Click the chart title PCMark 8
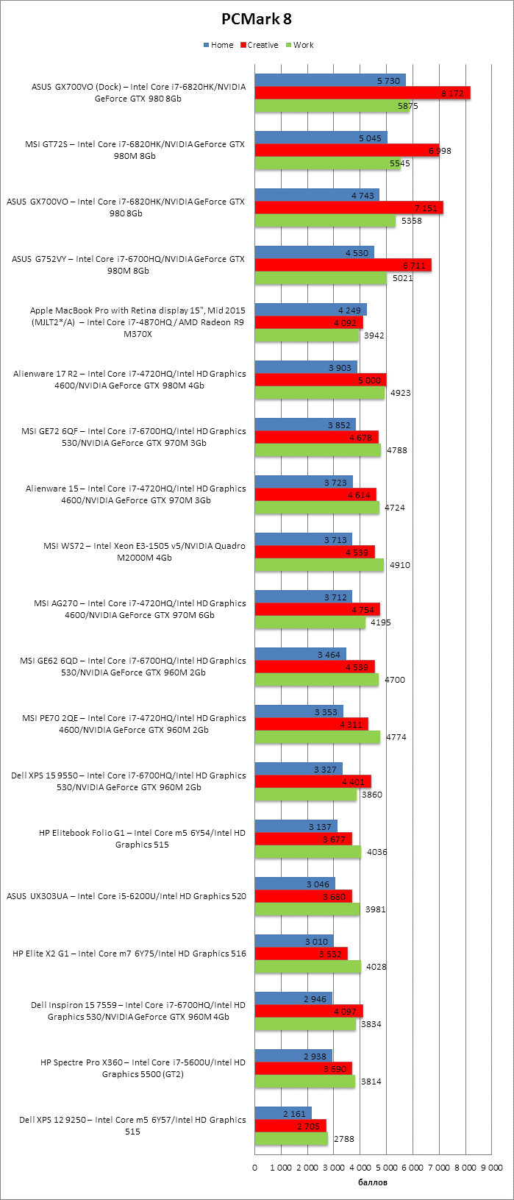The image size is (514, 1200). pyautogui.click(x=257, y=19)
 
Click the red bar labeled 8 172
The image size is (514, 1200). pyautogui.click(x=363, y=93)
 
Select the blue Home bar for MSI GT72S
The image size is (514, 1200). pyautogui.click(x=321, y=138)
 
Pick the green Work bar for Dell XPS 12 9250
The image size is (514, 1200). pyautogui.click(x=291, y=1139)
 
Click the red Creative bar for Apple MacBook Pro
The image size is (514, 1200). pyautogui.click(x=309, y=322)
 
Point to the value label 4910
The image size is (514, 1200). pyautogui.click(x=400, y=565)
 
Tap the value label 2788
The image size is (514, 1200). pyautogui.click(x=343, y=1139)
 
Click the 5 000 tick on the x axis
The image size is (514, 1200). pyautogui.click(x=386, y=1167)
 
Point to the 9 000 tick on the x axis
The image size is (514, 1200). pyautogui.click(x=491, y=1167)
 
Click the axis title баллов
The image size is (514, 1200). pyautogui.click(x=373, y=1182)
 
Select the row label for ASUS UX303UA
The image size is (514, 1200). pyautogui.click(x=126, y=896)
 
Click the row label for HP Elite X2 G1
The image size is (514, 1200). pyautogui.click(x=129, y=954)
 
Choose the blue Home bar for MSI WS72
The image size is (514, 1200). pyautogui.click(x=303, y=539)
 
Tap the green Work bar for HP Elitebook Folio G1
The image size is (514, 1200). pyautogui.click(x=308, y=852)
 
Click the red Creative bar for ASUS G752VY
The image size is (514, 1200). pyautogui.click(x=343, y=265)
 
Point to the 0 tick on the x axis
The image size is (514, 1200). pyautogui.click(x=255, y=1167)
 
